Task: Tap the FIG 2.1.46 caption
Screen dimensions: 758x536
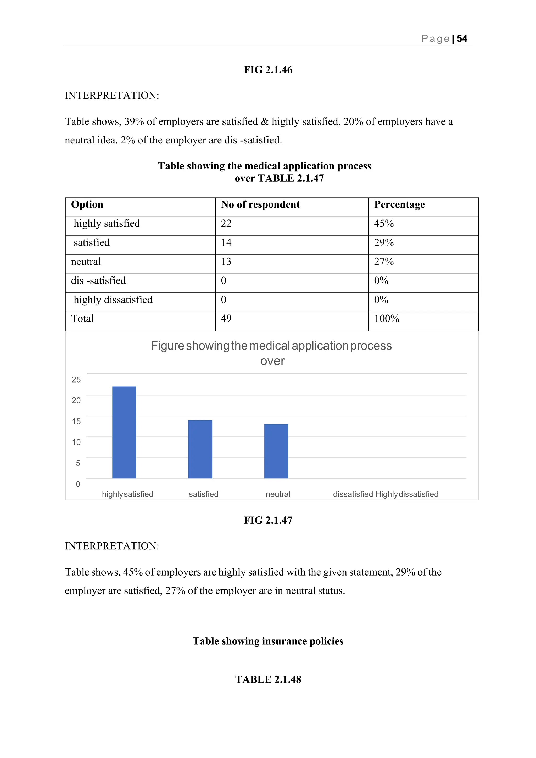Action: click(268, 70)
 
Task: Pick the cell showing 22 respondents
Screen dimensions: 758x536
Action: click(226, 224)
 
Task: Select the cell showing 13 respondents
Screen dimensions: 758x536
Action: click(226, 262)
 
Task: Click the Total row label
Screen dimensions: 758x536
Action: click(82, 319)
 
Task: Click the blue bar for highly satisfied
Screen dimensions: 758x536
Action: click(124, 432)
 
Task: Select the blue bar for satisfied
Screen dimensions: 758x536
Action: click(200, 449)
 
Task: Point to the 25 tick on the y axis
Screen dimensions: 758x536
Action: click(76, 380)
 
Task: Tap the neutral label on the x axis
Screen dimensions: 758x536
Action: click(278, 494)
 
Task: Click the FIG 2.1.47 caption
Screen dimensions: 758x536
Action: click(268, 520)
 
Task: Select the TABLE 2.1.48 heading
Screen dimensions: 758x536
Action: click(268, 679)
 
